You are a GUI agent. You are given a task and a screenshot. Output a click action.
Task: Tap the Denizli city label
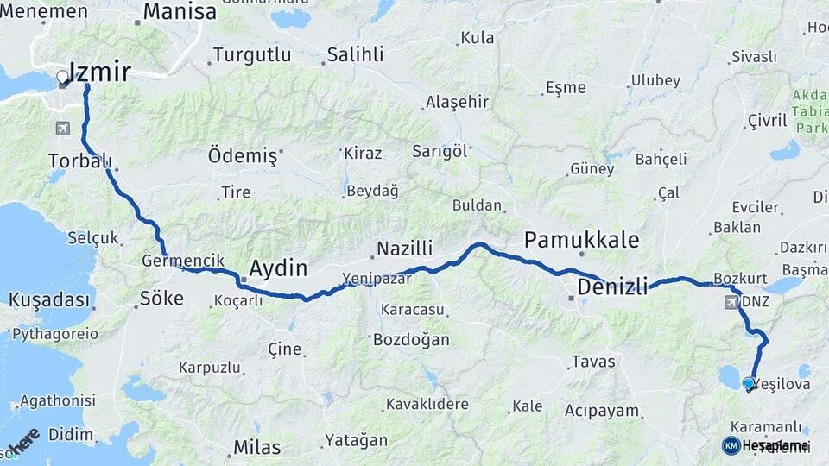[611, 287]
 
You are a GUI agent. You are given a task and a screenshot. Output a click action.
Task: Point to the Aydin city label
[277, 268]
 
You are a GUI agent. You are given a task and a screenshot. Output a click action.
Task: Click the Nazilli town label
[403, 249]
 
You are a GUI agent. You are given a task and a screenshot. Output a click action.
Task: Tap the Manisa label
[180, 12]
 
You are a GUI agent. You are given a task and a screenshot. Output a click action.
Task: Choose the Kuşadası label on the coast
[50, 300]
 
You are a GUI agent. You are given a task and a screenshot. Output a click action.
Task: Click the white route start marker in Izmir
[62, 79]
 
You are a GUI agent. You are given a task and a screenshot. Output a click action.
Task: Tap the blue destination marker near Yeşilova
[748, 382]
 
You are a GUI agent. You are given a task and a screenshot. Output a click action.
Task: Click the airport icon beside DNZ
[732, 303]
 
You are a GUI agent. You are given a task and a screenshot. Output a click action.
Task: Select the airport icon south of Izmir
[62, 129]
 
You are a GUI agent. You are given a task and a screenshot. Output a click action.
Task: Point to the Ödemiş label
[243, 156]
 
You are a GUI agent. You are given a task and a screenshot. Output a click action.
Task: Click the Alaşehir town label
[457, 102]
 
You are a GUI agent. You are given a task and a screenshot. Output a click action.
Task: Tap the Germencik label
[171, 260]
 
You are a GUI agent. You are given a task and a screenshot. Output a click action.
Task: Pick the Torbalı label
[80, 161]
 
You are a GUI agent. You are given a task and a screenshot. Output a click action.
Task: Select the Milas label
[256, 447]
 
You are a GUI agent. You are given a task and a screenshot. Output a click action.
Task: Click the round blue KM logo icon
[731, 445]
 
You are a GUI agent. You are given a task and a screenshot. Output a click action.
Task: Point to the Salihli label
[355, 55]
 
